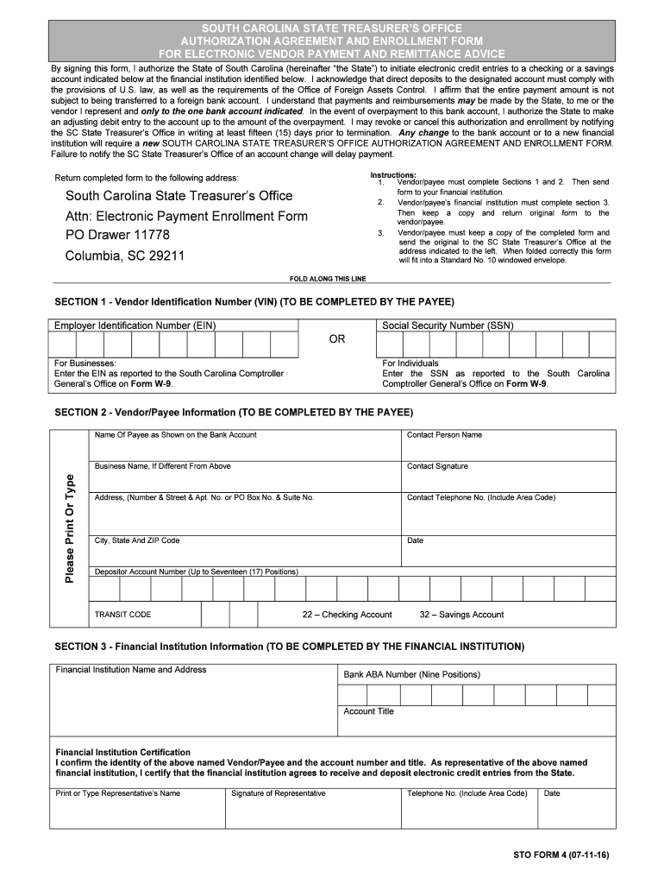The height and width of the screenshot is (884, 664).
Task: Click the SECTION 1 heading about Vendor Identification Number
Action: pos(254,301)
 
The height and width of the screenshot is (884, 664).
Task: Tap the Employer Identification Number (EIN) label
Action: pos(135,325)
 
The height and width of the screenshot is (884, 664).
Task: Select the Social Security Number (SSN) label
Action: pos(448,325)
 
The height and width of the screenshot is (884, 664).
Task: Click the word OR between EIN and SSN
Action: pos(337,339)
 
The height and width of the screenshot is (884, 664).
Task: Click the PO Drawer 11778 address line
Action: pos(118,235)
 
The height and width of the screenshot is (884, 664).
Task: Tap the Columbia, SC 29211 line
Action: pos(124,256)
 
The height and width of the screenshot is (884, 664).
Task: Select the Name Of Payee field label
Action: pos(175,435)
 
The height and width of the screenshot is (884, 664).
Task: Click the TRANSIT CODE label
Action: pos(122,615)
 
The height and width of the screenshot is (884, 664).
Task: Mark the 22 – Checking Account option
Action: pos(347,615)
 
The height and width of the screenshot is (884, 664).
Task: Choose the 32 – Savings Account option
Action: pos(461,615)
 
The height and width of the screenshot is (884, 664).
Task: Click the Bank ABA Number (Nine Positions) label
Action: pos(411,674)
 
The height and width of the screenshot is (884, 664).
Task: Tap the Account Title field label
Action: pos(368,711)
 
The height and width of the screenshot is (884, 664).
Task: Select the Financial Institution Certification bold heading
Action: pos(123,752)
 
